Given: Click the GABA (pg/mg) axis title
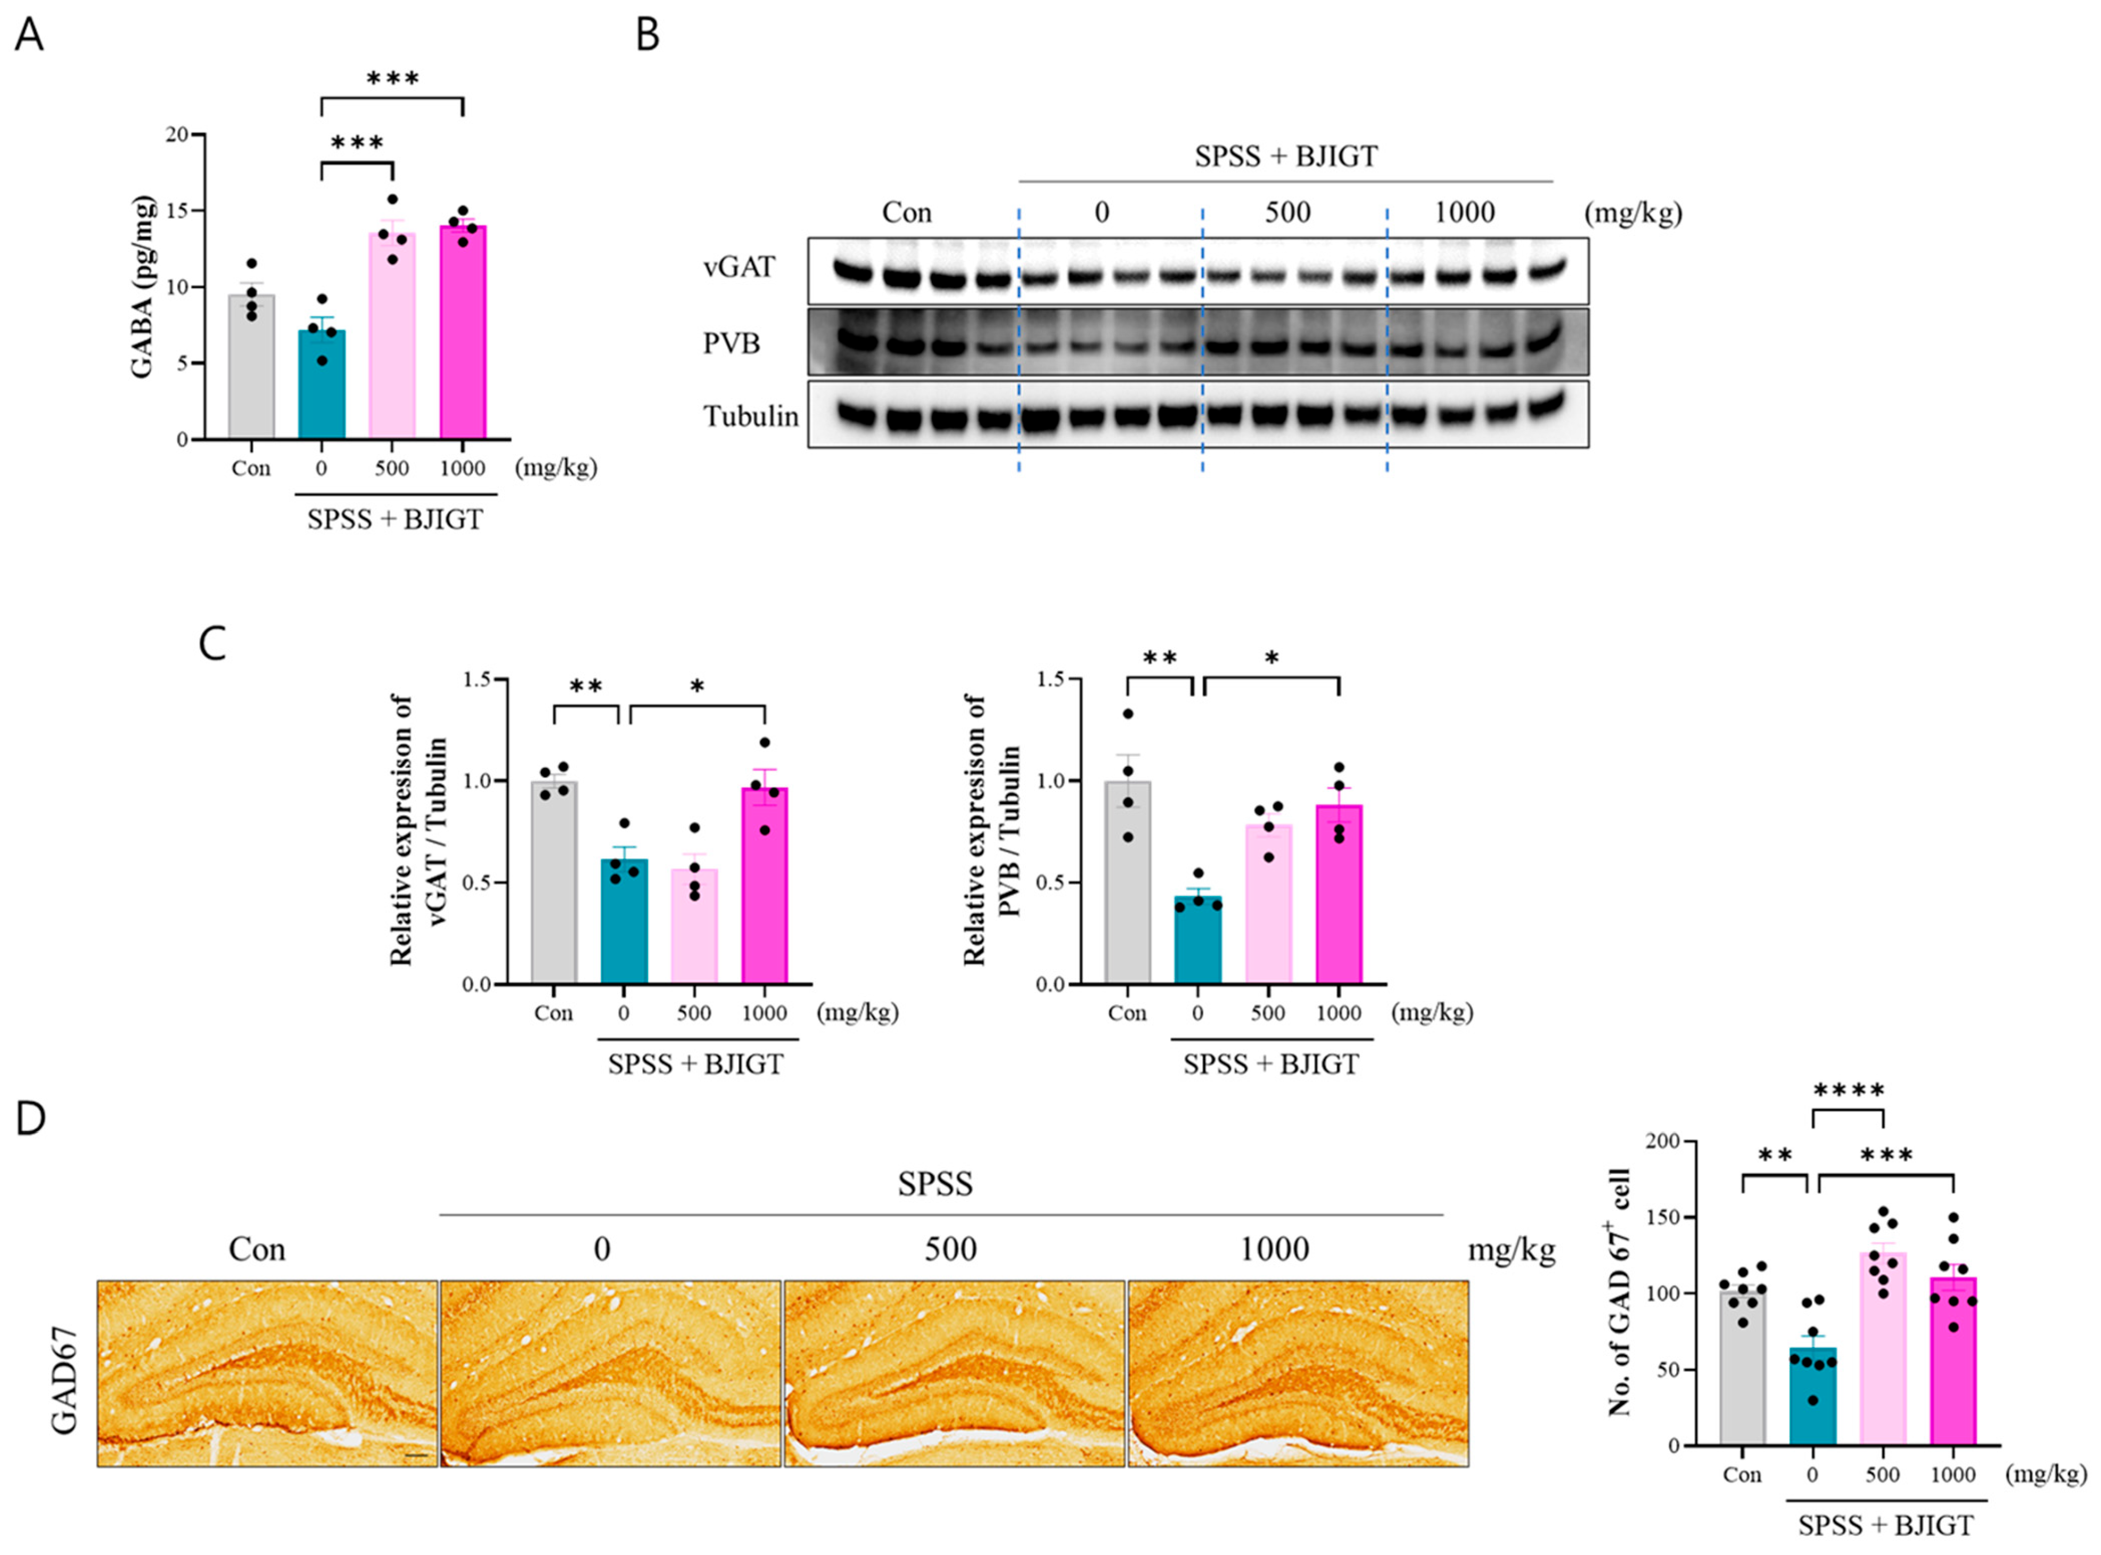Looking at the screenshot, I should [143, 287].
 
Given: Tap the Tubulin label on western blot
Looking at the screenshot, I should [750, 416].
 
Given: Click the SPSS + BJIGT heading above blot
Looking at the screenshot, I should [1285, 155].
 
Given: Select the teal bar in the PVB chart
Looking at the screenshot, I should [1198, 942].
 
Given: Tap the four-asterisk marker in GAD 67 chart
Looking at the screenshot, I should [1848, 1092].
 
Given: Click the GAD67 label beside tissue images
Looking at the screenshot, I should [64, 1375].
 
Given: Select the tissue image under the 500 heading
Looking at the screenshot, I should [954, 1373].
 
